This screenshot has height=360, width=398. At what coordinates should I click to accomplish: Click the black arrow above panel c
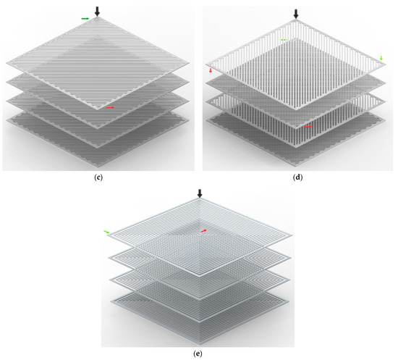pyautogui.click(x=97, y=12)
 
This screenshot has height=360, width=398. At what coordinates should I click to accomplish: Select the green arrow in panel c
pyautogui.click(x=85, y=19)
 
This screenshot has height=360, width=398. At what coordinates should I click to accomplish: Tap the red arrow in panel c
pyautogui.click(x=110, y=107)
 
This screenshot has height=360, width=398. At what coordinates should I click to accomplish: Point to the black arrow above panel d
pyautogui.click(x=296, y=14)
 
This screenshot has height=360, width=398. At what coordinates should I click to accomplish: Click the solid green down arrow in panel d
pyautogui.click(x=381, y=58)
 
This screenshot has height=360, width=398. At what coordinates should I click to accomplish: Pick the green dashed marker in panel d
pyautogui.click(x=284, y=40)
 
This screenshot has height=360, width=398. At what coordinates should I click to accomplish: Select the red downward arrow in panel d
pyautogui.click(x=211, y=70)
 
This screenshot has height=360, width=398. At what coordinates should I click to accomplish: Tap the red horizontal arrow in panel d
pyautogui.click(x=308, y=126)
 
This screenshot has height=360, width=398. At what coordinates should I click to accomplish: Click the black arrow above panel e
pyautogui.click(x=200, y=193)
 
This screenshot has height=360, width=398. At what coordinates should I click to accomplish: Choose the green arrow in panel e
pyautogui.click(x=106, y=232)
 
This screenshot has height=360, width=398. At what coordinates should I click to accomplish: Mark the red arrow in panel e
pyautogui.click(x=203, y=231)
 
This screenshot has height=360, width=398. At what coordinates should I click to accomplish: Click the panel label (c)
pyautogui.click(x=98, y=177)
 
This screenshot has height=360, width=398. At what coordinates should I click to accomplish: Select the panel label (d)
pyautogui.click(x=297, y=177)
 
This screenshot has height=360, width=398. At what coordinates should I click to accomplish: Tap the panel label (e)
pyautogui.click(x=198, y=353)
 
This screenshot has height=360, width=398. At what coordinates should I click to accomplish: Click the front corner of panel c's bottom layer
pyautogui.click(x=98, y=167)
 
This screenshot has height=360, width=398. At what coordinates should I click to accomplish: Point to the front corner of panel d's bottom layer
pyautogui.click(x=295, y=167)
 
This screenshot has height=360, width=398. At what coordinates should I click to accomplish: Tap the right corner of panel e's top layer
pyautogui.click(x=292, y=235)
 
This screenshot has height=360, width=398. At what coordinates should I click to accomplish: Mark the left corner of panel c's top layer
pyautogui.click(x=7, y=62)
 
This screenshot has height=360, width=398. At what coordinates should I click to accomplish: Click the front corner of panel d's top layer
pyautogui.click(x=296, y=109)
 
